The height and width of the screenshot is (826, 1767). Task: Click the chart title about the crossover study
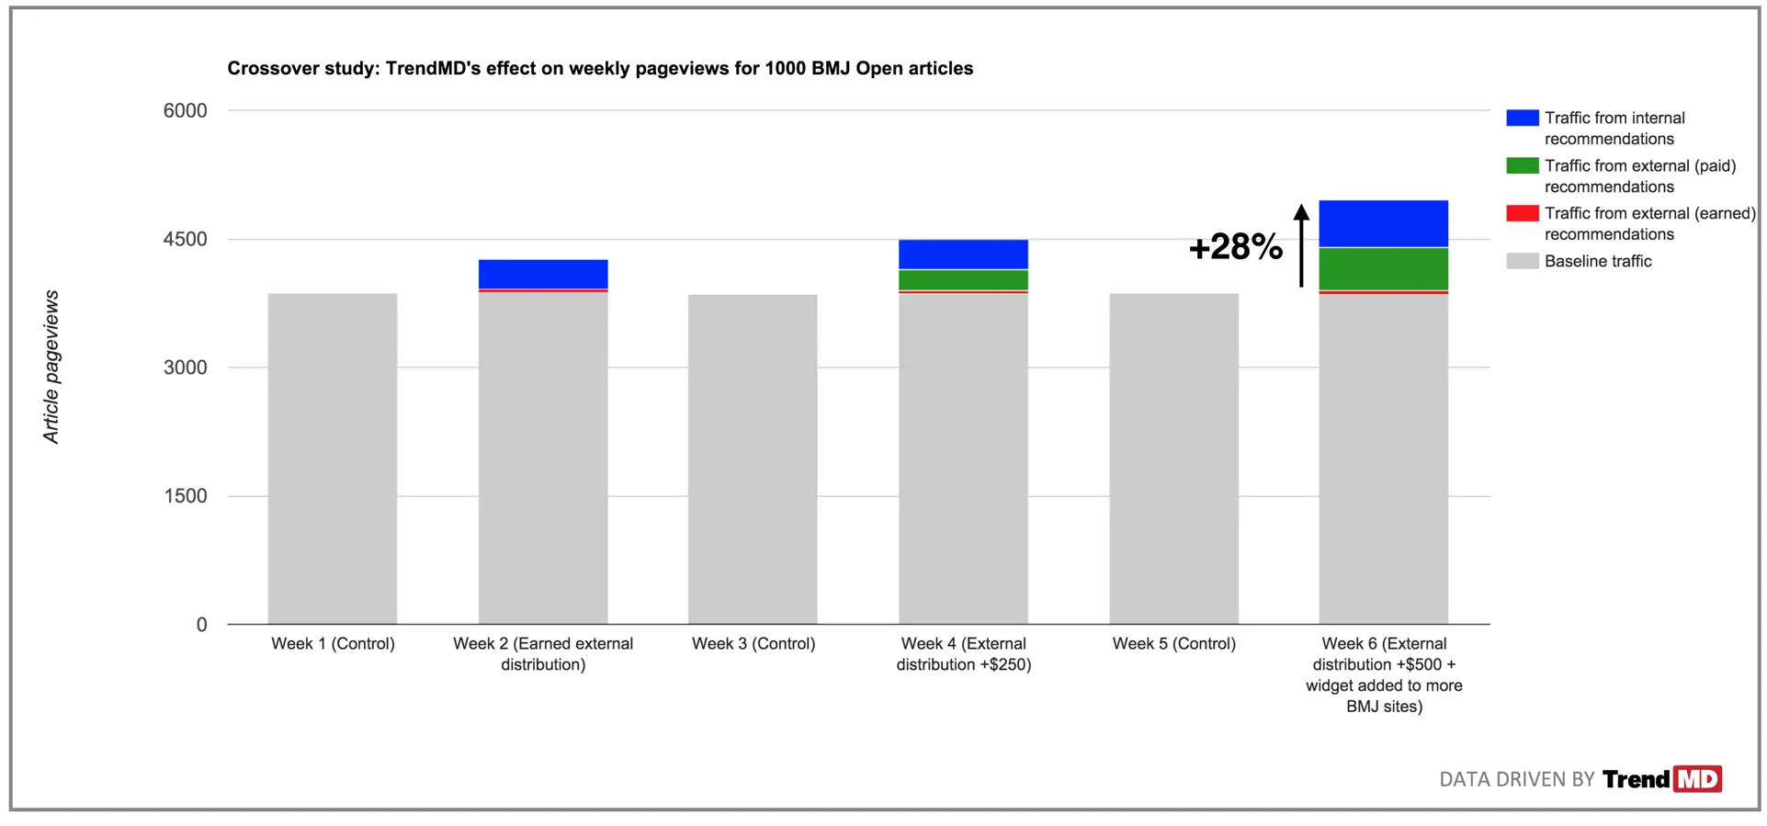coord(600,68)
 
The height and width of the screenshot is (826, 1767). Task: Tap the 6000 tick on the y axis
coord(185,111)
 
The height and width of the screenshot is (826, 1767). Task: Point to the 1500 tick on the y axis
coord(185,496)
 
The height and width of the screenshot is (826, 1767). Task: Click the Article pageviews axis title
coord(51,368)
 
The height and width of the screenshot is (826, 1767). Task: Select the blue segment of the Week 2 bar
coord(543,274)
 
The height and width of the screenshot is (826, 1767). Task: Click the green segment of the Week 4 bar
coord(963,279)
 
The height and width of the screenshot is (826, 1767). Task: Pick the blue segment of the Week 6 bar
coord(1383,223)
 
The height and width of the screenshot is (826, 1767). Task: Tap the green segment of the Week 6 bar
coord(1383,268)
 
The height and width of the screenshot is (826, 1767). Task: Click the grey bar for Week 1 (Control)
coord(333,459)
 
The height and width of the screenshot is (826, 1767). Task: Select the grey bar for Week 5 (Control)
coord(1173,459)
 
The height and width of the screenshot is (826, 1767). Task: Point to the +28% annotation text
coord(1235,246)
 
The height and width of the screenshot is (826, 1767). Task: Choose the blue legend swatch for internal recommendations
coord(1522,118)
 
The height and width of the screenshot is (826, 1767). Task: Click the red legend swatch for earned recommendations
coord(1522,213)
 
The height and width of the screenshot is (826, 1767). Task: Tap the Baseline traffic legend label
coord(1597,261)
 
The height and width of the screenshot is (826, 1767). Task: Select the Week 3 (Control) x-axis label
coord(753,643)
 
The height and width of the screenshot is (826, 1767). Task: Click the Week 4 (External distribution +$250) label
coord(963,654)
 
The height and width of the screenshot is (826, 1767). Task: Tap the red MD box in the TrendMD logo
coord(1697,779)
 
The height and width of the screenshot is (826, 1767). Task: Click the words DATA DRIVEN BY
coord(1516,779)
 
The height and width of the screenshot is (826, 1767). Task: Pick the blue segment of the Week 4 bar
coord(963,254)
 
